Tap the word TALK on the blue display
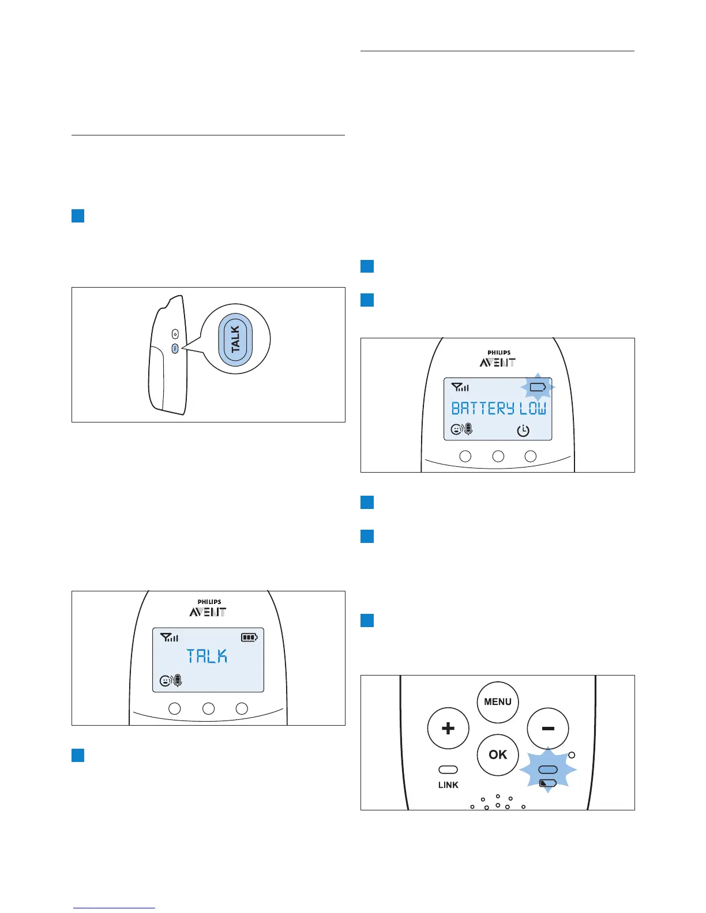pyautogui.click(x=207, y=657)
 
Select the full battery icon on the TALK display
pyautogui.click(x=249, y=637)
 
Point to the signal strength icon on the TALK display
pyautogui.click(x=170, y=637)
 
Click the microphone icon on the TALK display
pyautogui.click(x=178, y=681)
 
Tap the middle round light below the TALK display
pyautogui.click(x=208, y=708)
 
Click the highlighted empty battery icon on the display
pyautogui.click(x=538, y=387)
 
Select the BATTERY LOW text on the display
pyautogui.click(x=498, y=409)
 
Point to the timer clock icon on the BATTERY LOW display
pyautogui.click(x=523, y=431)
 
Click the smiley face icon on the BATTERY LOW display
pyautogui.click(x=456, y=429)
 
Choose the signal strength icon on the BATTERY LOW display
pyautogui.click(x=460, y=387)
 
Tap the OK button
pyautogui.click(x=498, y=755)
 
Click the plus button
pyautogui.click(x=448, y=729)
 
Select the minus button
pyautogui.click(x=548, y=729)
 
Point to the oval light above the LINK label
pyautogui.click(x=448, y=770)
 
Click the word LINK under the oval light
pyautogui.click(x=448, y=785)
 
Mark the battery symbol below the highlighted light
pyautogui.click(x=547, y=783)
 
